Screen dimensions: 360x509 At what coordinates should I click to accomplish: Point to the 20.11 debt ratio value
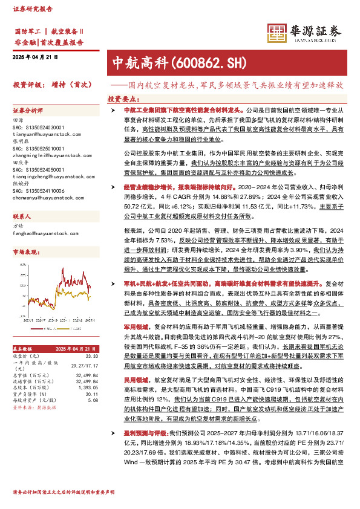[x=91, y=393]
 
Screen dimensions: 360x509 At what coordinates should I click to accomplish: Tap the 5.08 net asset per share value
[x=93, y=400]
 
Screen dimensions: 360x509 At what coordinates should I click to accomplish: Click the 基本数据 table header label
[x=24, y=349]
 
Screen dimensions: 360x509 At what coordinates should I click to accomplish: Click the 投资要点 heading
[x=123, y=98]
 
